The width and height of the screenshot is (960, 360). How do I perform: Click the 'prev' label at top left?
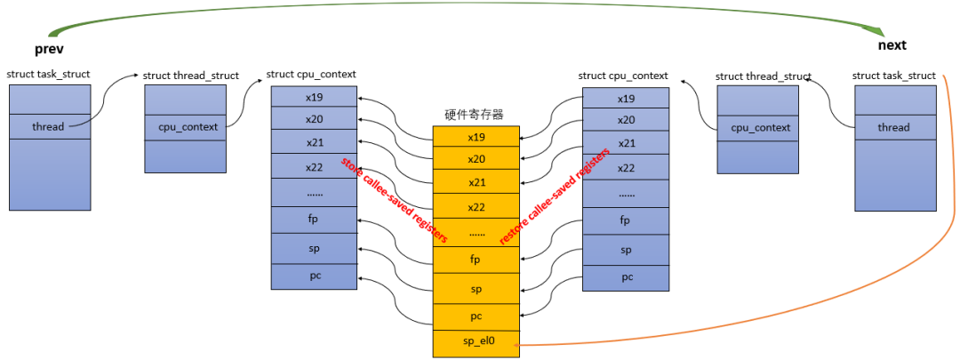point(49,47)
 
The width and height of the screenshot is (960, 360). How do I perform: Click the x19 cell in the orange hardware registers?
point(476,137)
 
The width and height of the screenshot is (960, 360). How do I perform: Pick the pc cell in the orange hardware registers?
point(476,316)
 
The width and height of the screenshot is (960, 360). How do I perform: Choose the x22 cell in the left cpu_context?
point(314,167)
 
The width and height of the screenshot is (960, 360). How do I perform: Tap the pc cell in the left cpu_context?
point(314,276)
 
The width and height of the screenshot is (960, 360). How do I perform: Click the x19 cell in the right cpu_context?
point(626,99)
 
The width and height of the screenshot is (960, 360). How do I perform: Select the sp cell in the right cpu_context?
point(626,250)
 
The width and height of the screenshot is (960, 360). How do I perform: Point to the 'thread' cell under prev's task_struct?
point(49,126)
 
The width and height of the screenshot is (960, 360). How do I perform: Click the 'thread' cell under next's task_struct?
point(893,127)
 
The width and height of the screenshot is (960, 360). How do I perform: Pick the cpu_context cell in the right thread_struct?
point(760,127)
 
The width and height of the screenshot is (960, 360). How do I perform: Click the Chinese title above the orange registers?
point(476,114)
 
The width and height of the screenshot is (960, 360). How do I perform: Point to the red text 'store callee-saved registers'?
point(394,200)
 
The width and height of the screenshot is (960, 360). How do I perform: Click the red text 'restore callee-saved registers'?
point(555,196)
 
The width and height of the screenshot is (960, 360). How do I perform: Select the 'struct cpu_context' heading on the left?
point(311,76)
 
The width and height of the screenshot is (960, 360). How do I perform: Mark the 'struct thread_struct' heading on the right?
point(763,76)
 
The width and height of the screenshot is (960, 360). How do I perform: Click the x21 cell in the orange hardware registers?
point(476,181)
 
